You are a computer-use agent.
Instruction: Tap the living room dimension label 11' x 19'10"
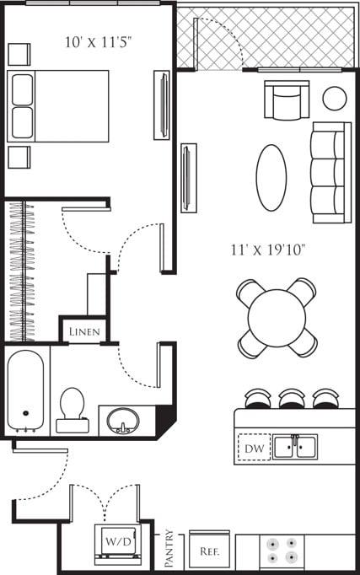(x=267, y=250)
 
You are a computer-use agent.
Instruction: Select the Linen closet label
(x=84, y=331)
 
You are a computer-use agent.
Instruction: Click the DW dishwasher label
(x=254, y=448)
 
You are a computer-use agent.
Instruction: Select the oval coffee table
(x=271, y=177)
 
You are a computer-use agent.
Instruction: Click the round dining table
(x=277, y=318)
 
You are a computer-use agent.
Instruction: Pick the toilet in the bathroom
(x=73, y=409)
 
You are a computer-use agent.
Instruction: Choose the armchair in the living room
(x=286, y=100)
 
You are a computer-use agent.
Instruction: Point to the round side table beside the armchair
(x=335, y=98)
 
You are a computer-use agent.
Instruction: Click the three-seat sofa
(x=330, y=172)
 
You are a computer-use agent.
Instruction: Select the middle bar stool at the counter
(x=292, y=397)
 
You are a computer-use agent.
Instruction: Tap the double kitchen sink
(x=295, y=446)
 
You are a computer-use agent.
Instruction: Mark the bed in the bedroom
(x=59, y=105)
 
